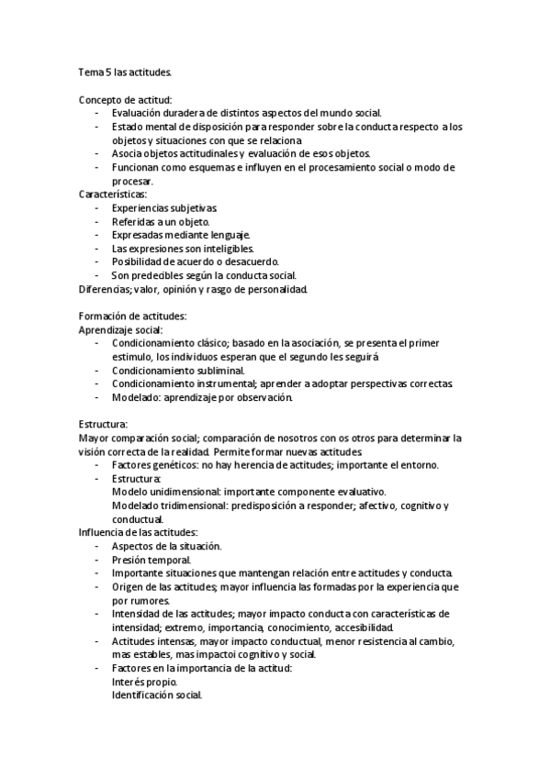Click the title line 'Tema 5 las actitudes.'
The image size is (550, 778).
click(124, 71)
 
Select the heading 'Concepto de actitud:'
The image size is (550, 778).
click(126, 99)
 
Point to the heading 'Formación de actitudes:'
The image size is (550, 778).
click(132, 316)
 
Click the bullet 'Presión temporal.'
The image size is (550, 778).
click(151, 560)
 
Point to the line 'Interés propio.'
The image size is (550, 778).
click(144, 682)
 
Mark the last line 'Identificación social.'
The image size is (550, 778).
click(157, 695)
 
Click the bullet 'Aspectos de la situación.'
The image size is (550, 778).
click(166, 546)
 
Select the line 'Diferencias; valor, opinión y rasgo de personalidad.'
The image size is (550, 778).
click(193, 289)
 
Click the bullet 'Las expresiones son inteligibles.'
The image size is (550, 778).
click(183, 249)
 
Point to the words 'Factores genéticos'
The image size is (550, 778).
click(154, 465)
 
